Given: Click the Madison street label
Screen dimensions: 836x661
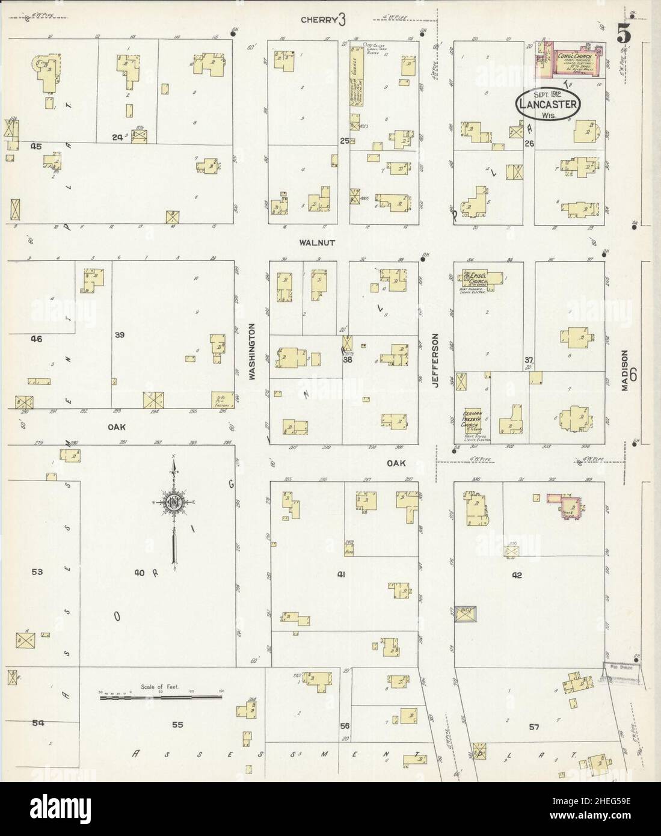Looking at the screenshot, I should (x=625, y=371).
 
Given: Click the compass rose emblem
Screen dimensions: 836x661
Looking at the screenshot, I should (x=174, y=503).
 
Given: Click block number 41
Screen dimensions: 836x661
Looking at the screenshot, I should (x=341, y=574).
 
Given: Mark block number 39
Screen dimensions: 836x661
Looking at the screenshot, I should (x=119, y=334).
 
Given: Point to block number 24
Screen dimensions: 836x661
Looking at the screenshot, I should (x=117, y=137).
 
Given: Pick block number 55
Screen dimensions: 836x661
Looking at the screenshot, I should (x=177, y=725).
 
